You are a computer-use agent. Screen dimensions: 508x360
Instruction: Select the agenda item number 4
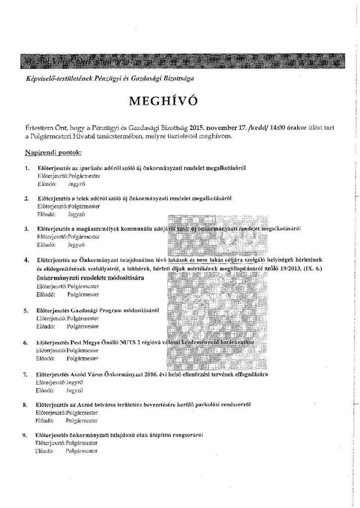tap(26, 259)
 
